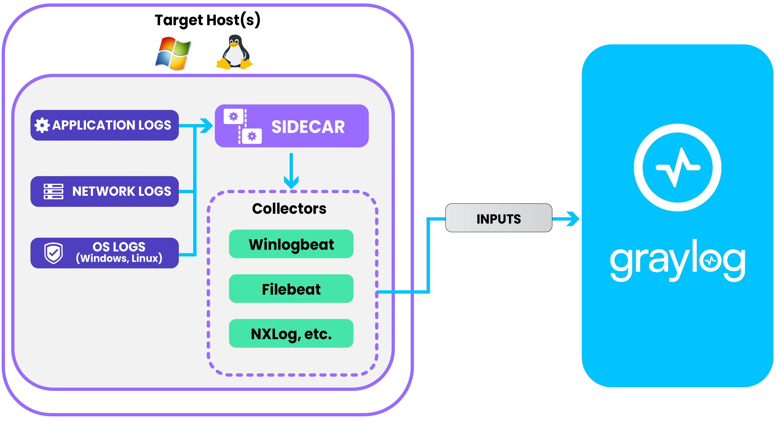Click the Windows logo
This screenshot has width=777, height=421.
tap(174, 54)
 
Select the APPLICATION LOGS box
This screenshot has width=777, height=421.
tap(105, 125)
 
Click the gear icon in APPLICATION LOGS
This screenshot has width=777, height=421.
tap(42, 125)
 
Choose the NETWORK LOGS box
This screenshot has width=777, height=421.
tap(105, 192)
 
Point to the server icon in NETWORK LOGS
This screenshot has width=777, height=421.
tap(53, 192)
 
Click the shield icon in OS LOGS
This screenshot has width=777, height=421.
tap(54, 253)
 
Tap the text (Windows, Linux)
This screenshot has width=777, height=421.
tap(119, 259)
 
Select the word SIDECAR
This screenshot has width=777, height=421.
tap(308, 127)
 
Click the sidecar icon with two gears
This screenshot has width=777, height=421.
tap(243, 126)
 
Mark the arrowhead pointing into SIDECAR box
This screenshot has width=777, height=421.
tap(207, 126)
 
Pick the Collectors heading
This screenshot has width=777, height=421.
tap(289, 209)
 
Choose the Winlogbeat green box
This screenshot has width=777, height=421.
tap(291, 244)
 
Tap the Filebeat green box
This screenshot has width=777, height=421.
tap(291, 289)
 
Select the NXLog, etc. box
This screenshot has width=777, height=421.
tap(291, 334)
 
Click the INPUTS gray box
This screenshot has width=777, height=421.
tap(498, 218)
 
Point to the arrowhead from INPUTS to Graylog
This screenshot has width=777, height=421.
tap(573, 219)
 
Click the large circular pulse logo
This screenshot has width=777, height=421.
tap(677, 168)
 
